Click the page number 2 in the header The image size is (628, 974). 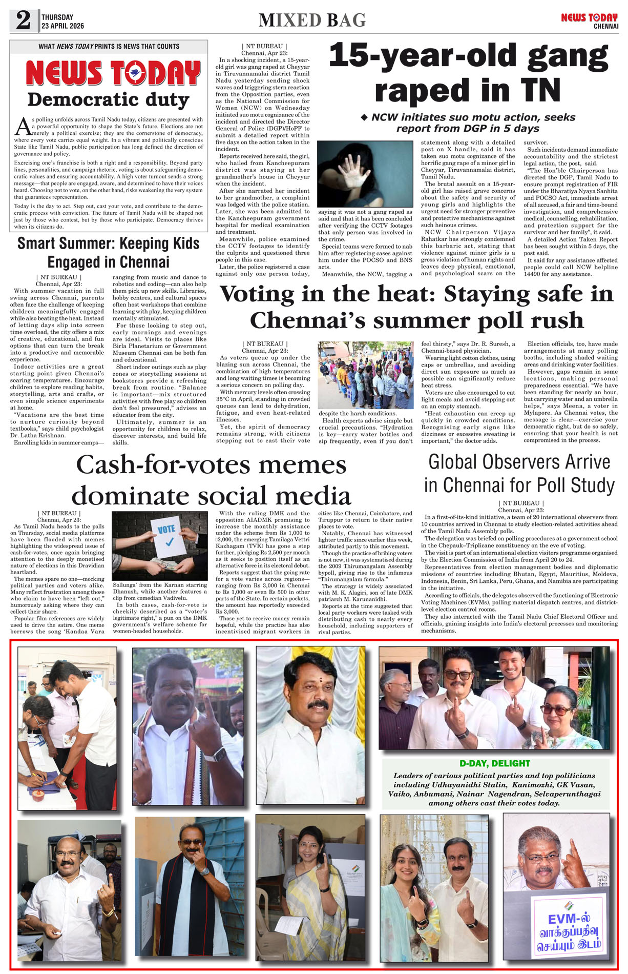click(23, 21)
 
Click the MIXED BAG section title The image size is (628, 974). click(312, 21)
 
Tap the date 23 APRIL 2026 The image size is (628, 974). click(62, 26)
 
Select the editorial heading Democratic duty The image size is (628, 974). click(108, 99)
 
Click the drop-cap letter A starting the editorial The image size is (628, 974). click(22, 126)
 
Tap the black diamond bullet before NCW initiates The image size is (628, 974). click(364, 117)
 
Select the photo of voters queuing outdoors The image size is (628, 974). click(366, 375)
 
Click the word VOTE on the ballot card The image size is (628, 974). click(166, 529)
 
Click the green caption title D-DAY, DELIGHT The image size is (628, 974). click(494, 763)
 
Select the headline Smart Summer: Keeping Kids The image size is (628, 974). click(108, 243)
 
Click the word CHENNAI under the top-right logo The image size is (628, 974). click(606, 26)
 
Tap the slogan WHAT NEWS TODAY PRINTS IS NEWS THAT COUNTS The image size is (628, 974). click(109, 47)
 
